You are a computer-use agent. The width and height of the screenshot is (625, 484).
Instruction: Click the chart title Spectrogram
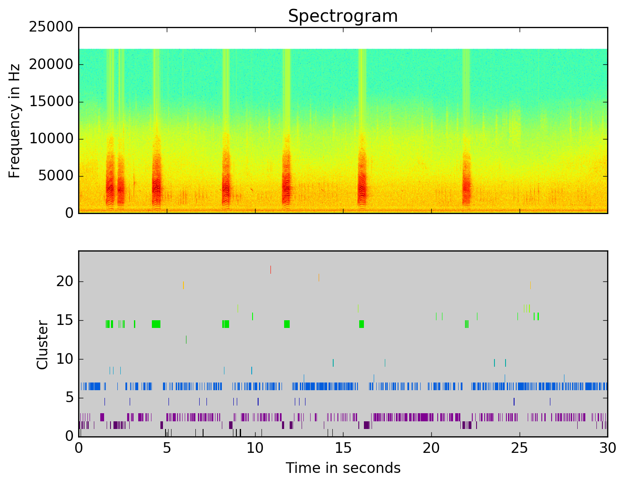point(343,16)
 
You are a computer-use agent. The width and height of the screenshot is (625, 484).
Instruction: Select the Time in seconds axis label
point(343,468)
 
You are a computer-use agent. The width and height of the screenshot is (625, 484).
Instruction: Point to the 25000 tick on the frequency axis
point(51,27)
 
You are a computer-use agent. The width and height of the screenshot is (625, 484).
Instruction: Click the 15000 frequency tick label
point(51,102)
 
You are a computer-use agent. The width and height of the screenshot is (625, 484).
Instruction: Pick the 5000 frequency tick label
point(55,176)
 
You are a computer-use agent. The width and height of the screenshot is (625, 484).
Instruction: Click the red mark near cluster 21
point(270,270)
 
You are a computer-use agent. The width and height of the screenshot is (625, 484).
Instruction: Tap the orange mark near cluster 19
point(183,285)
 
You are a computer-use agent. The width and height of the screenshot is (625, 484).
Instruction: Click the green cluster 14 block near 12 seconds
point(287,324)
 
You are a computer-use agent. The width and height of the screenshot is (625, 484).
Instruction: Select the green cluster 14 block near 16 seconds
point(361,324)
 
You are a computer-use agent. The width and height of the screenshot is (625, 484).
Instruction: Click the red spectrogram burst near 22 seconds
point(466,183)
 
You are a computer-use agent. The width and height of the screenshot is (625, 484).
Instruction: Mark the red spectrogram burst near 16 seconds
point(362,183)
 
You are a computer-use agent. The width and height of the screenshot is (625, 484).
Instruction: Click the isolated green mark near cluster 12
point(186,339)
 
